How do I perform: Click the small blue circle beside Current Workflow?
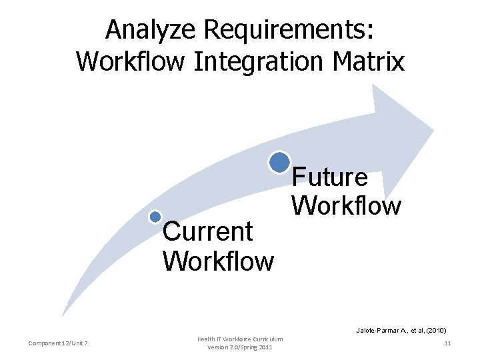[x=155, y=217]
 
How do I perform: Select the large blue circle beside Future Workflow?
[x=279, y=162]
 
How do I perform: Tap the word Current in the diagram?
[x=208, y=232]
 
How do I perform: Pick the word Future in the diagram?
[x=330, y=177]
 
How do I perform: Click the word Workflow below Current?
[x=219, y=261]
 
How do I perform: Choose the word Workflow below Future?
[x=347, y=205]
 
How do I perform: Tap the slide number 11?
[x=447, y=343]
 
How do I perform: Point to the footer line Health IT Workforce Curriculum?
[x=240, y=339]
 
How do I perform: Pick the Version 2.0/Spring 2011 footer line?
[x=240, y=347]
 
